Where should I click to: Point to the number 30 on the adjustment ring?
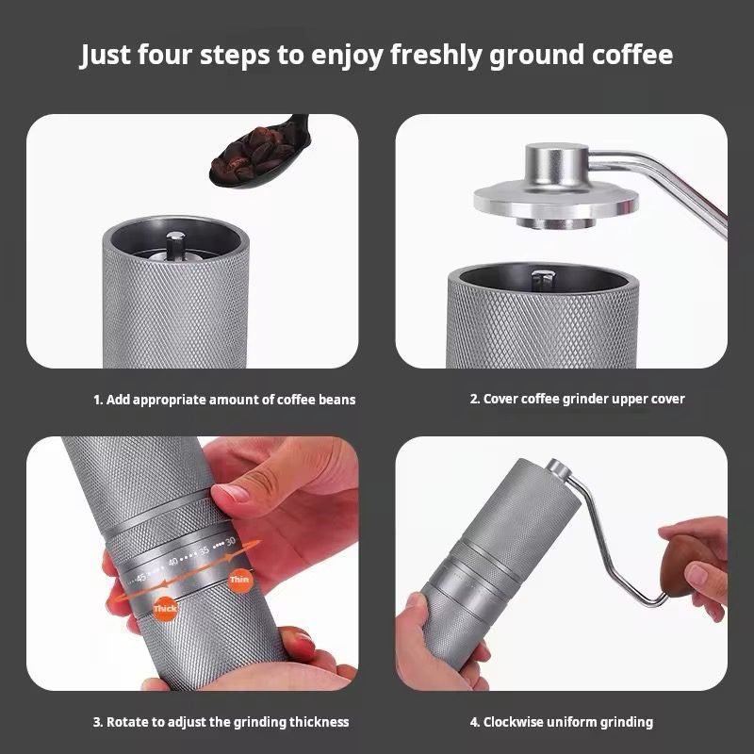[x=230, y=540]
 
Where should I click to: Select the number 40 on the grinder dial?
[x=172, y=562]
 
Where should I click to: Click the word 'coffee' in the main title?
[x=626, y=55]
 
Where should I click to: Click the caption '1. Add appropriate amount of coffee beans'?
[x=224, y=400]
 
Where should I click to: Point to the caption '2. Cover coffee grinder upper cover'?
[x=577, y=399]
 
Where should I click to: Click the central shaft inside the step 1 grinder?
[x=174, y=247]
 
